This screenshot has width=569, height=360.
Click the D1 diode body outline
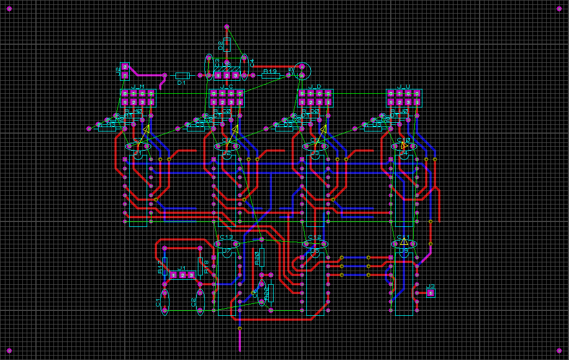click(182, 75)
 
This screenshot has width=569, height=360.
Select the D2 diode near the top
click(227, 45)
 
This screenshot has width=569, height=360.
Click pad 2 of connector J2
click(125, 67)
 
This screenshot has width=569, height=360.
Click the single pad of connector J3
click(431, 293)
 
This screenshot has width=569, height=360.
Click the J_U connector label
click(404, 87)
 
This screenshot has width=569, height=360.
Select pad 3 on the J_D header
click(319, 102)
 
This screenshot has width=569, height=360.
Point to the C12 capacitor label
click(314, 238)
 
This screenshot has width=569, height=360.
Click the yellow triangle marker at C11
click(404, 241)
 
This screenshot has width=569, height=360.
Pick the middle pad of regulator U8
click(227, 75)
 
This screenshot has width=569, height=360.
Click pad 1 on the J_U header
click(417, 102)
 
